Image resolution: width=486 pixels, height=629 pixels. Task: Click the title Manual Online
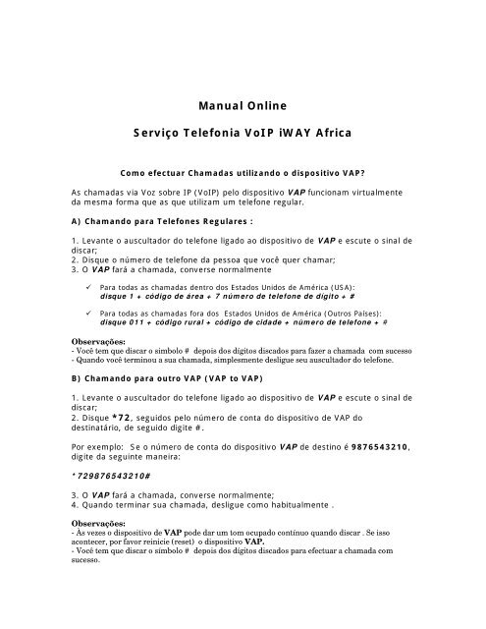coord(243,101)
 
